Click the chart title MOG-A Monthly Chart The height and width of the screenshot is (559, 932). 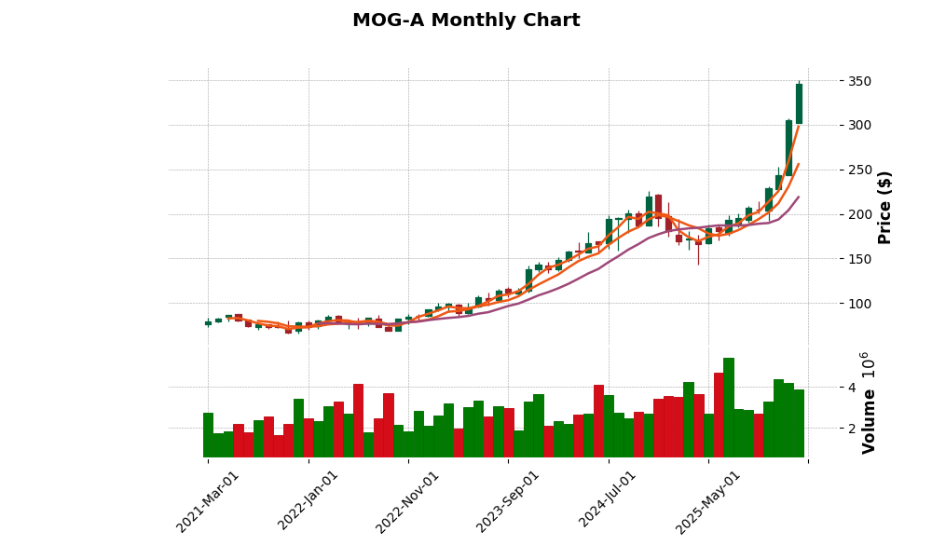[466, 20]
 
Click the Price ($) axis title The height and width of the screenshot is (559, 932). [884, 207]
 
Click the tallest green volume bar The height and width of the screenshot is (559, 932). [729, 408]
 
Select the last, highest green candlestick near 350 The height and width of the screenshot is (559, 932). [799, 103]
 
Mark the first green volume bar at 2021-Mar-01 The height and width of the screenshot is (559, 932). [208, 435]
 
